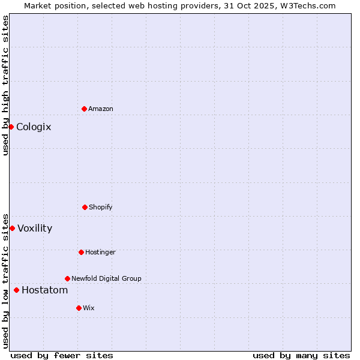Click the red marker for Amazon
[84, 109]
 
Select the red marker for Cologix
[11, 127]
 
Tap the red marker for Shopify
[85, 207]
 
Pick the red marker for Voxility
[12, 228]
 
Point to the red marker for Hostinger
[81, 252]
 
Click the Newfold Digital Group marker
[67, 278]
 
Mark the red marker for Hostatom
[16, 290]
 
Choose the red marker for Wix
[79, 308]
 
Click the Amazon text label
[101, 109]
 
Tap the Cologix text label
[34, 127]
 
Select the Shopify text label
[101, 207]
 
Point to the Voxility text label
[35, 228]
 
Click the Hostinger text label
[100, 252]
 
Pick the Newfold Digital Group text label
[106, 278]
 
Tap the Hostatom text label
[44, 290]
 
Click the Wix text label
[89, 308]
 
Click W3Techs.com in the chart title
[307, 5]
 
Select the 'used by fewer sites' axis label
[62, 355]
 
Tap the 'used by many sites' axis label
[301, 355]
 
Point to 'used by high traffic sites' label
[5, 85]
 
